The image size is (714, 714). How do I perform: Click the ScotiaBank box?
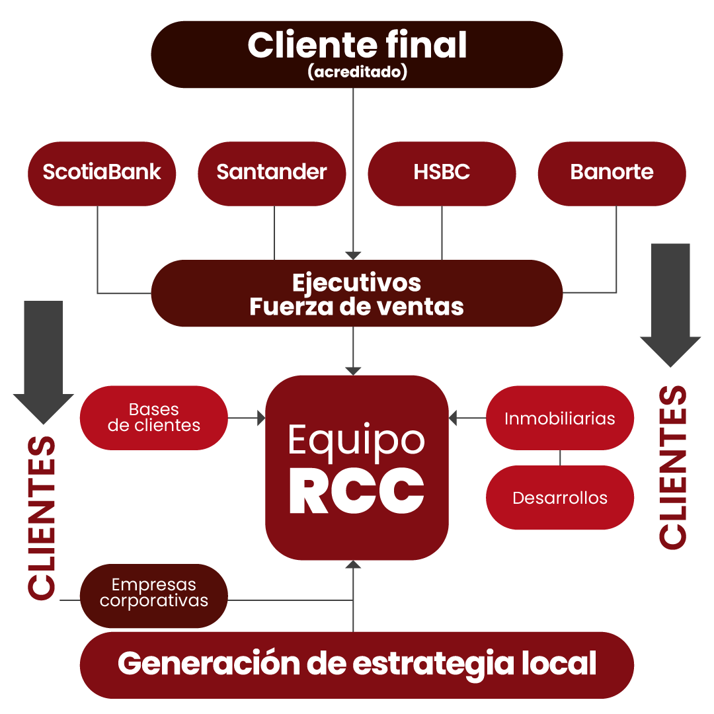coord(101,173)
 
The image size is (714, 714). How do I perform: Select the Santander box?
coord(272,173)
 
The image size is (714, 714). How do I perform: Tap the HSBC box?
coord(442,173)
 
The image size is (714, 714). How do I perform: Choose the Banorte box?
coord(612,173)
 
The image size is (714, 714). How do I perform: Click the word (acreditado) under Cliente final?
coord(357,72)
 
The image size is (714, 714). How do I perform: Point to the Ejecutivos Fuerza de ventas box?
coord(357,294)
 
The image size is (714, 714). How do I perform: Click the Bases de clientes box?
coord(153,418)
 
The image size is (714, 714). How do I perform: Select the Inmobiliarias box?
coord(559,418)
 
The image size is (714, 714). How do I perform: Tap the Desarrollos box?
coord(559,497)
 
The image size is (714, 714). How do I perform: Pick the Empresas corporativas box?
coord(153,594)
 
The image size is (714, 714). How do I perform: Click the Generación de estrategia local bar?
coord(357,664)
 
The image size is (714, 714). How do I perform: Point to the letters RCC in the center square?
coord(357,492)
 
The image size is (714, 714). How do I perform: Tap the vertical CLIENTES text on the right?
coord(673,467)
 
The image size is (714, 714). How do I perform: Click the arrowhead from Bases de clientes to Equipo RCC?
coord(261,418)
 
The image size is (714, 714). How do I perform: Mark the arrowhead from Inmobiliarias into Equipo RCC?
coord(453,418)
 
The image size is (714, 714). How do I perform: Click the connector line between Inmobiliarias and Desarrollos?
coord(560,457)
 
